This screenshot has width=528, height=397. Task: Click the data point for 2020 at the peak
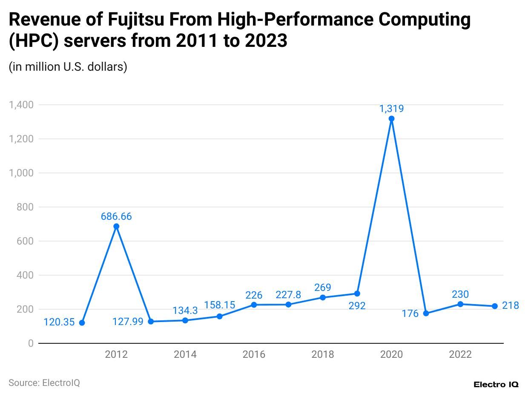pyautogui.click(x=392, y=118)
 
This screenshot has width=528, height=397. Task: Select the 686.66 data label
pyautogui.click(x=116, y=216)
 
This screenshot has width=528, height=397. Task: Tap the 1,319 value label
pyautogui.click(x=392, y=109)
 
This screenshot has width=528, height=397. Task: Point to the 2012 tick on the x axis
pyautogui.click(x=116, y=354)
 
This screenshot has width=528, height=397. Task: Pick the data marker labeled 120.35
pyautogui.click(x=82, y=323)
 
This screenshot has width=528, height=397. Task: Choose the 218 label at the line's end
pyautogui.click(x=511, y=305)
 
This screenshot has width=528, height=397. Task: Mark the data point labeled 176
pyautogui.click(x=426, y=314)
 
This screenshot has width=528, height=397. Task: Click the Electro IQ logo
pyautogui.click(x=496, y=384)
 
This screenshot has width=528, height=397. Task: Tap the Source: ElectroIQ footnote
pyautogui.click(x=44, y=383)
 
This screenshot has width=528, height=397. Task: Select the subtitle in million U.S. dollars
pyautogui.click(x=68, y=67)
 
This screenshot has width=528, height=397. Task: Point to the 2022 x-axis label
pyautogui.click(x=460, y=354)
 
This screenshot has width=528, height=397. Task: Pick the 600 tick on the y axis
pyautogui.click(x=25, y=241)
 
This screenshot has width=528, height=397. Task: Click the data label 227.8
pyautogui.click(x=288, y=295)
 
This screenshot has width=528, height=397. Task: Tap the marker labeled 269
pyautogui.click(x=323, y=297)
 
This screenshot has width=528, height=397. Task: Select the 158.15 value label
pyautogui.click(x=219, y=305)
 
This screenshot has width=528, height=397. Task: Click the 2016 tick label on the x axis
pyautogui.click(x=254, y=354)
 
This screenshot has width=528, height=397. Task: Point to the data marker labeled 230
pyautogui.click(x=460, y=304)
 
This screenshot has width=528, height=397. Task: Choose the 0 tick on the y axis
pyautogui.click(x=31, y=343)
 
